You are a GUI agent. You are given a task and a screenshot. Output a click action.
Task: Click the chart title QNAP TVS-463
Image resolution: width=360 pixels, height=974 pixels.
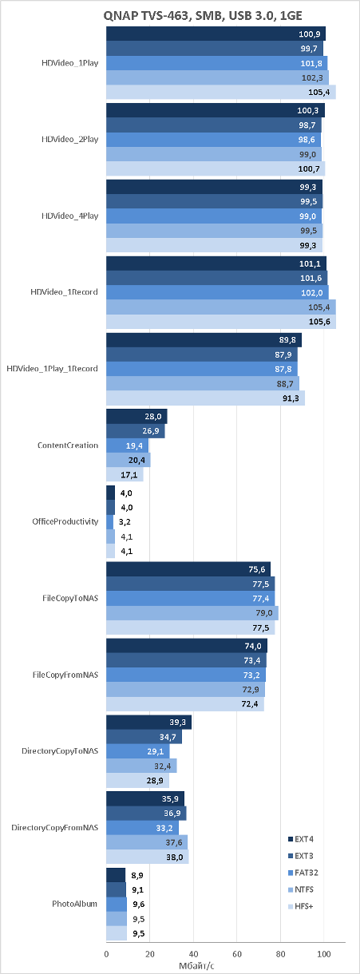[x=203, y=16]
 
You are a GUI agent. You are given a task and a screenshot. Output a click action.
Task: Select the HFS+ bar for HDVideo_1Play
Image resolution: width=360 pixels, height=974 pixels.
[x=221, y=92]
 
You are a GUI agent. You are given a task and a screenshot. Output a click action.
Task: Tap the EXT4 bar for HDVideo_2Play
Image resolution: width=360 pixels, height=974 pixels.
[x=216, y=110]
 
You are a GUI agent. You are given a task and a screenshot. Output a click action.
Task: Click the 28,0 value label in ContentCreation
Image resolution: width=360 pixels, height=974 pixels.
[x=153, y=417]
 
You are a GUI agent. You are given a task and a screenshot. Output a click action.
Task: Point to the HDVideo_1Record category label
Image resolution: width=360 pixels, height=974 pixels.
[x=64, y=291]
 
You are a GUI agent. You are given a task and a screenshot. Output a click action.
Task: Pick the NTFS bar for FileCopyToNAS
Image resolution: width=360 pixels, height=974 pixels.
[x=192, y=612]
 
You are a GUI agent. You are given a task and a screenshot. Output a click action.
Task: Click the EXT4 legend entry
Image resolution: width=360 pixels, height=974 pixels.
[x=300, y=839]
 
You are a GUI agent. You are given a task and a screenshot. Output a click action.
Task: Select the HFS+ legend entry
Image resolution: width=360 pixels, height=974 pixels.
[x=300, y=907]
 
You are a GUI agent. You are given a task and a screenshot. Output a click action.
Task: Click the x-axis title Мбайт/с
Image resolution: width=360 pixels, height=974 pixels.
[x=196, y=966]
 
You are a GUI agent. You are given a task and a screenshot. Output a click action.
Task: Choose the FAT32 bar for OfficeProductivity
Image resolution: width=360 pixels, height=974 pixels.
[x=110, y=522]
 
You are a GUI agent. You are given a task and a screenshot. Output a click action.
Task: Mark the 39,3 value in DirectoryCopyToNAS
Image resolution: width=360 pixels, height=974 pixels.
[x=177, y=723]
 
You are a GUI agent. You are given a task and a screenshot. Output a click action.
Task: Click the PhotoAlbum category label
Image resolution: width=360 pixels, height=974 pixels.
[x=75, y=904]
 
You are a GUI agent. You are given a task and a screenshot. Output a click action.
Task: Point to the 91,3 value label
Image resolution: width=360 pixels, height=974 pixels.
[x=291, y=398]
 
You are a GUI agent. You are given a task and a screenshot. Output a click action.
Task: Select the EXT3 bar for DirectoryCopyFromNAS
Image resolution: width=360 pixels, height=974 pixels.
[x=147, y=814]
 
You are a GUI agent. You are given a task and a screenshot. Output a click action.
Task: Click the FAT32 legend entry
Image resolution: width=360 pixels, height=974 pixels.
[x=303, y=873]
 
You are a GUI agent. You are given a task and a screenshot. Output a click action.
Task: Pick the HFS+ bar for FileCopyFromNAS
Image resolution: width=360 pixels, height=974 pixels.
[x=185, y=704]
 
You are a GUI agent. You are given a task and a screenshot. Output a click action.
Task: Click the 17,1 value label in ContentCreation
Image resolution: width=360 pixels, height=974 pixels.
[x=129, y=475]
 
